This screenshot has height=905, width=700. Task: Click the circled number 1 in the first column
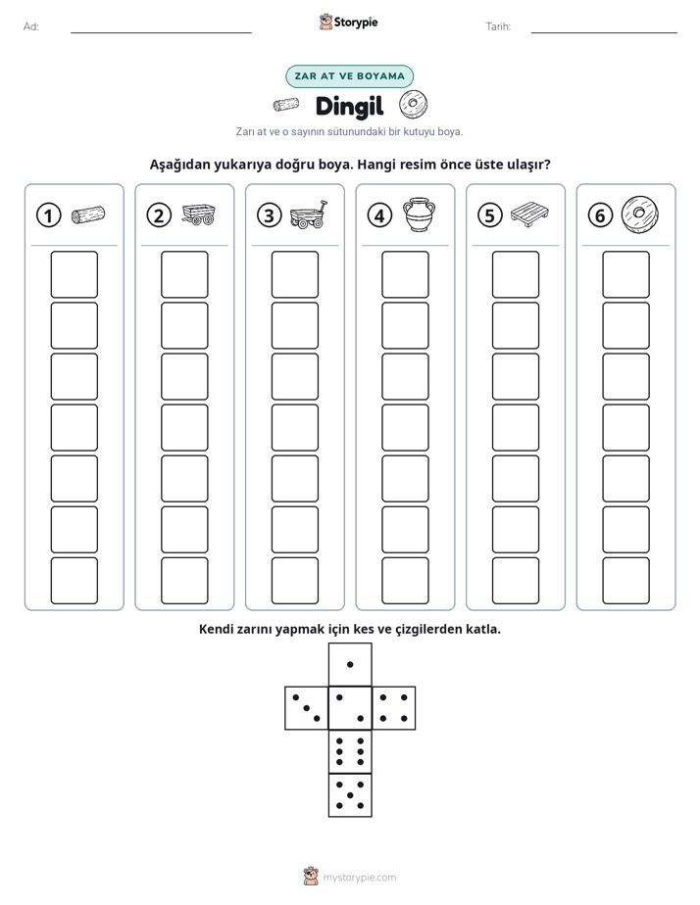48,215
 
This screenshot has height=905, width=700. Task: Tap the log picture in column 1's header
88,214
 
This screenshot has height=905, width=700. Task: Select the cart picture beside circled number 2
199,214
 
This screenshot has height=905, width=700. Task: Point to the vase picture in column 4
420,214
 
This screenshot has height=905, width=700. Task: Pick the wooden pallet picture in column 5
529,214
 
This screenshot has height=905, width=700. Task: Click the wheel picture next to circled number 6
640,214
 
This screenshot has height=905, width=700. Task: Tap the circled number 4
379,215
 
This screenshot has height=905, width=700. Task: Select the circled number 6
600,215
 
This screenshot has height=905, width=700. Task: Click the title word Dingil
349,107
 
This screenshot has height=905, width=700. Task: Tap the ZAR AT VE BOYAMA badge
349,76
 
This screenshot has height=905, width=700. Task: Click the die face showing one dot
350,665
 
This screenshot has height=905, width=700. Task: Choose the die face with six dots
350,751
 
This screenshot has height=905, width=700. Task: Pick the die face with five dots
350,794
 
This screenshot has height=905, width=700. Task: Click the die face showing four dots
394,708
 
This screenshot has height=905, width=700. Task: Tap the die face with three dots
307,708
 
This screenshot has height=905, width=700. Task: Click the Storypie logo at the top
348,23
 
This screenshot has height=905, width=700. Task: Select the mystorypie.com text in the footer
359,878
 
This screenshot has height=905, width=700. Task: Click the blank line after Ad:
161,32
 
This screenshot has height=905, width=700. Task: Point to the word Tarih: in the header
498,26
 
